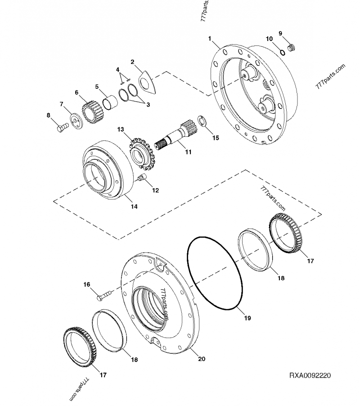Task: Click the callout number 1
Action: tap(210, 39)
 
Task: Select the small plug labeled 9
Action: tap(291, 47)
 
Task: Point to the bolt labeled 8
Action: tap(61, 128)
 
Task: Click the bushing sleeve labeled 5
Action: tap(109, 101)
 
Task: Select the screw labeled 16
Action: tap(106, 296)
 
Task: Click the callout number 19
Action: tap(247, 318)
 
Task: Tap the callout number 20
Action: tap(202, 359)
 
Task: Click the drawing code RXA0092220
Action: tap(310, 375)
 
